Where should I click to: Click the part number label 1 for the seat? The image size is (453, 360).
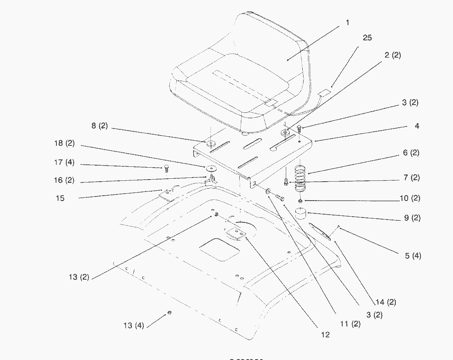pyautogui.click(x=347, y=23)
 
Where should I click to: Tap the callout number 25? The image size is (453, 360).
pyautogui.click(x=367, y=38)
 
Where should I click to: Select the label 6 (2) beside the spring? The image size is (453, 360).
pyautogui.click(x=411, y=153)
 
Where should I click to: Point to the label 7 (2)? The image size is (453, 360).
pyautogui.click(x=411, y=178)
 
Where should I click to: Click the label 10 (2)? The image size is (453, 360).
pyautogui.click(x=410, y=198)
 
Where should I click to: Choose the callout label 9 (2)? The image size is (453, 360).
pyautogui.click(x=412, y=218)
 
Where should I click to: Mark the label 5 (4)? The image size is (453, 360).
pyautogui.click(x=413, y=256)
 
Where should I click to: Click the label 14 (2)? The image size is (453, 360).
pyautogui.click(x=386, y=302)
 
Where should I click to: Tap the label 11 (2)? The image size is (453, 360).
pyautogui.click(x=350, y=324)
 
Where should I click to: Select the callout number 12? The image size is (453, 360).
pyautogui.click(x=325, y=334)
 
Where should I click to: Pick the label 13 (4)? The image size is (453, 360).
pyautogui.click(x=133, y=325)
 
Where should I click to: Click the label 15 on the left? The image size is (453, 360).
pyautogui.click(x=60, y=198)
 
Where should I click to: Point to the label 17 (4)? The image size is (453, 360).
pyautogui.click(x=64, y=163)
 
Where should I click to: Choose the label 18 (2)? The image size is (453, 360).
pyautogui.click(x=64, y=143)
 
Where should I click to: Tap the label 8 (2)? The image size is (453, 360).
pyautogui.click(x=99, y=126)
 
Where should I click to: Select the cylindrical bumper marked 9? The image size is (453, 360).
pyautogui.click(x=302, y=215)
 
